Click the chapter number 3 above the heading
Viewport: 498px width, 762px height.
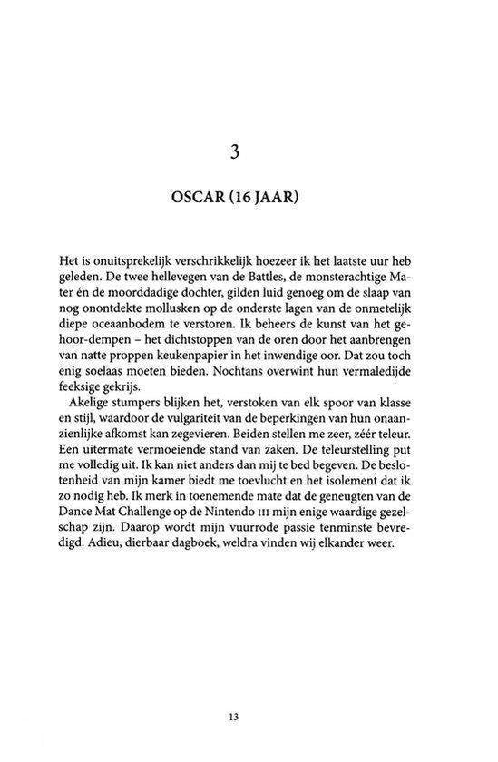click(249, 153)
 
